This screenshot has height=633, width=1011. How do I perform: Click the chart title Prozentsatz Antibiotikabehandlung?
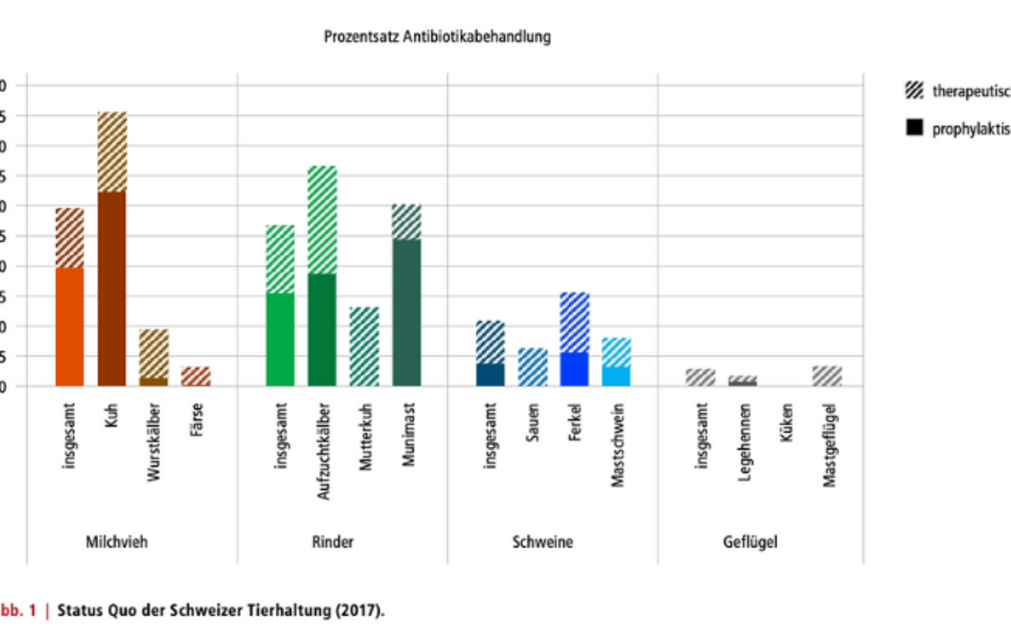[437, 36]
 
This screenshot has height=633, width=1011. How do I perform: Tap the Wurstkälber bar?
[154, 357]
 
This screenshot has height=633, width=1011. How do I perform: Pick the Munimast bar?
[407, 295]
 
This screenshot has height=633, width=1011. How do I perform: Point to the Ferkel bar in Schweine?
[575, 339]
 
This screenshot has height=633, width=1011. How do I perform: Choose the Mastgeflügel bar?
[827, 376]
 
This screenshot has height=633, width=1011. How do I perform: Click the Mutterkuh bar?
[365, 346]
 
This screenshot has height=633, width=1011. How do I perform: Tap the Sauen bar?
[533, 367]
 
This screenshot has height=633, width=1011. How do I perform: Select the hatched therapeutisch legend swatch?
[914, 90]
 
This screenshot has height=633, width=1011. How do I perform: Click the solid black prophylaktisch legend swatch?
[914, 128]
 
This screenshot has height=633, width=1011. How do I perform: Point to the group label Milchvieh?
[116, 542]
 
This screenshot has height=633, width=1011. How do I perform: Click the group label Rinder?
[333, 542]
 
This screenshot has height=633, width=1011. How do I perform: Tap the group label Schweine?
[542, 542]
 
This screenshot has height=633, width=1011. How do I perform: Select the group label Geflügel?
[750, 542]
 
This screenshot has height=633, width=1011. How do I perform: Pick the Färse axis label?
[196, 419]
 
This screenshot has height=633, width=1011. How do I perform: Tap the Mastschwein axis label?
[617, 445]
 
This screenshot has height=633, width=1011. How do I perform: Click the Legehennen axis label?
[745, 442]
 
